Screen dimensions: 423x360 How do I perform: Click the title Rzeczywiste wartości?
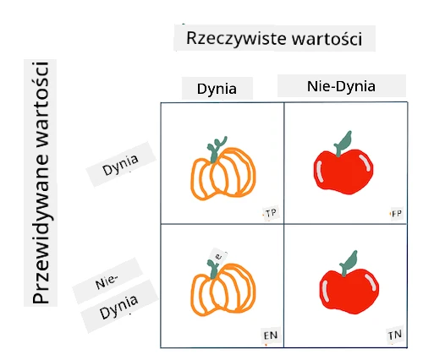[x=274, y=38]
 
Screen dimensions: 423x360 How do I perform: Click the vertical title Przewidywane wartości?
[x=41, y=183]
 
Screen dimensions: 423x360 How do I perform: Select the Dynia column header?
[x=217, y=89]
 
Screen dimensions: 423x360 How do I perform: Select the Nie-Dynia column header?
[x=341, y=86]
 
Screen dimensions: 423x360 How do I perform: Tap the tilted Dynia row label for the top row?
[x=120, y=164]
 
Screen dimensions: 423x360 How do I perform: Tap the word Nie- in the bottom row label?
[x=107, y=281]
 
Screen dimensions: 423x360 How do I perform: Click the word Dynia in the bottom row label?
[x=119, y=307]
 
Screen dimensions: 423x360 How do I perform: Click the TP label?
[x=271, y=213]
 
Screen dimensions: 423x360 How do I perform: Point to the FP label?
[x=397, y=214]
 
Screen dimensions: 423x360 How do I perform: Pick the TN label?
[x=395, y=335]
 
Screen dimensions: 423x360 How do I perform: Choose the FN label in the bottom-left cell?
[x=271, y=335]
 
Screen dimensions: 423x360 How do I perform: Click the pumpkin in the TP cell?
[x=223, y=168]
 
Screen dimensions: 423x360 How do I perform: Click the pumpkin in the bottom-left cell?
[x=223, y=287]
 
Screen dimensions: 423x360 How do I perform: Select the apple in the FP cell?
[x=343, y=163]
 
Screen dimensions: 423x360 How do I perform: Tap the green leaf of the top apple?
[x=343, y=143]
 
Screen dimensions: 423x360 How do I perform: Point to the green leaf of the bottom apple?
[x=349, y=263]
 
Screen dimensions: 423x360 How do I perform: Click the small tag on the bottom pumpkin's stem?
[x=218, y=257]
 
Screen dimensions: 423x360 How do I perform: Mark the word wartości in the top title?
[x=327, y=39]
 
